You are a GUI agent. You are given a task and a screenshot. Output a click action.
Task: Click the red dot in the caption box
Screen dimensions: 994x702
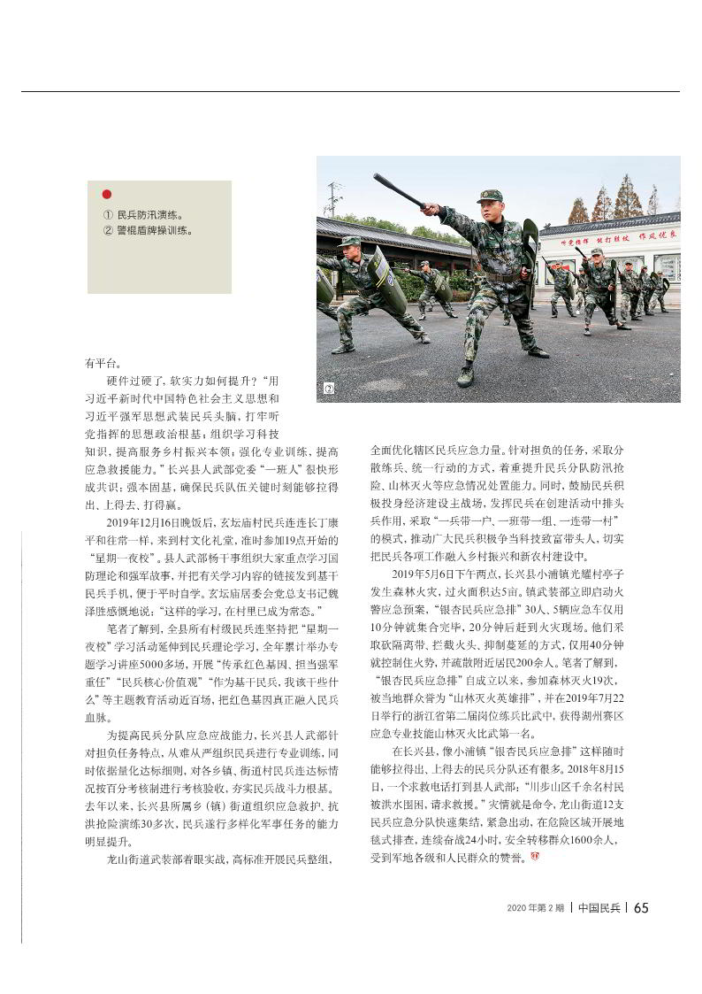click(107, 194)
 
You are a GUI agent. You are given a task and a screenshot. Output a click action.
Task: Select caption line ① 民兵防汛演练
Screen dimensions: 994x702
click(148, 214)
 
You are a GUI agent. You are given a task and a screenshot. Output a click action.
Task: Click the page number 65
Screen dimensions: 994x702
click(642, 907)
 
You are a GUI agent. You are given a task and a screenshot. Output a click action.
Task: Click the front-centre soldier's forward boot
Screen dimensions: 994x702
click(466, 377)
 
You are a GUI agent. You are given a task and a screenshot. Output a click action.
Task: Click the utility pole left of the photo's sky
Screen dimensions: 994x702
click(333, 199)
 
